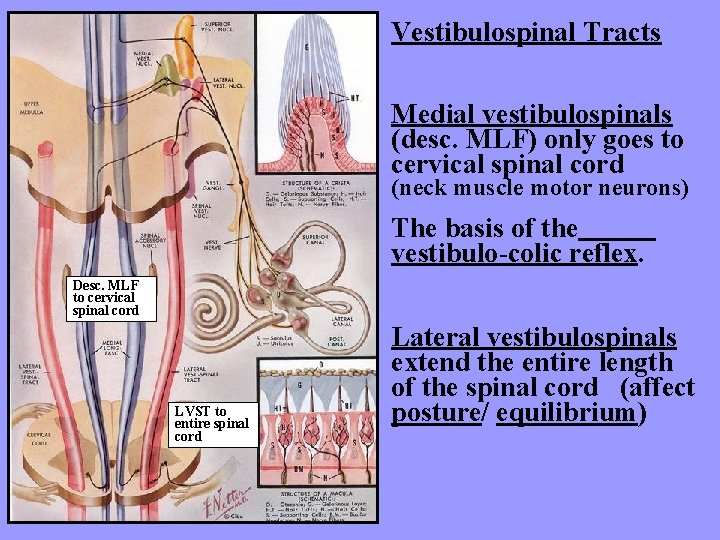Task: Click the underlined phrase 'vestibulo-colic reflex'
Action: tap(514, 254)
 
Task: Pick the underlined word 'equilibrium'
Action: tap(565, 413)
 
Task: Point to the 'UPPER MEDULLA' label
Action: tap(29, 106)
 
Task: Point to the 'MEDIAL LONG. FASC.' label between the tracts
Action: tap(112, 348)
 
